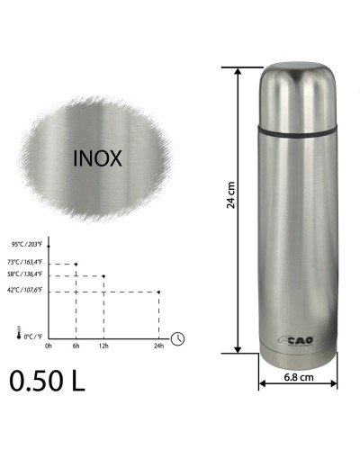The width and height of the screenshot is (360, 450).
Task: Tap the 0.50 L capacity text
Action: pyautogui.click(x=48, y=380)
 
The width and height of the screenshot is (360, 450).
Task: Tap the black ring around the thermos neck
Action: pyautogui.click(x=298, y=131)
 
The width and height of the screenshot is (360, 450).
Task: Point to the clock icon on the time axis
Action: pyautogui.click(x=179, y=337)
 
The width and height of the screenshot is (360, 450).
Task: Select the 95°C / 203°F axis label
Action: pyautogui.click(x=28, y=244)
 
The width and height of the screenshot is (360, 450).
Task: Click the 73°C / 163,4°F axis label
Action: pyautogui.click(x=27, y=264)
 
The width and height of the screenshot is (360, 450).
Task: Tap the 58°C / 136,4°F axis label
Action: pyautogui.click(x=27, y=275)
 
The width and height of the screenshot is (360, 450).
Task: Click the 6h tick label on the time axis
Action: pyautogui.click(x=76, y=346)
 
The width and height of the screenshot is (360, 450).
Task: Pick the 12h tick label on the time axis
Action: pyautogui.click(x=104, y=346)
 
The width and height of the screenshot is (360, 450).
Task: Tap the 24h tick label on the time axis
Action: pyautogui.click(x=158, y=346)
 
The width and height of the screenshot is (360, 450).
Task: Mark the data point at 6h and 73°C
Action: pyautogui.click(x=76, y=264)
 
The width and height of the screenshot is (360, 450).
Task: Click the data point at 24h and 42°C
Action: pyautogui.click(x=158, y=292)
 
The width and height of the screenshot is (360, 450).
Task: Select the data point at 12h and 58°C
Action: pyautogui.click(x=104, y=275)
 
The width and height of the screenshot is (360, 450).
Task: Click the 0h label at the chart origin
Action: pyautogui.click(x=49, y=346)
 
